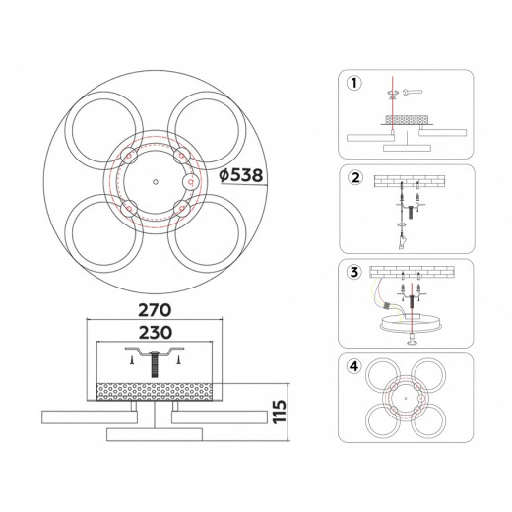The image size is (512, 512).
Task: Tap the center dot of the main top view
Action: tap(156, 182)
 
